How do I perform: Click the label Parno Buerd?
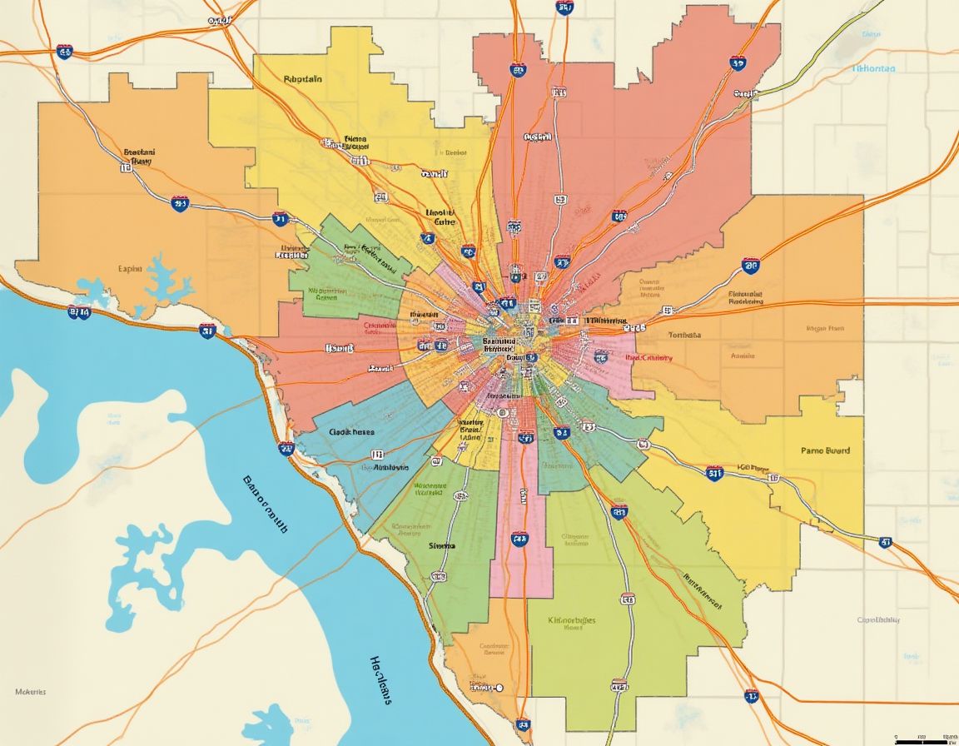tap(826, 450)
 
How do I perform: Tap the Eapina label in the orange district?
tap(131, 268)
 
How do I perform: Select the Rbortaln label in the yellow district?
tap(303, 79)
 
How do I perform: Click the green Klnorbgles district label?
tap(573, 620)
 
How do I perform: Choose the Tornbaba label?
tap(684, 335)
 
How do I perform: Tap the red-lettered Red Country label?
tap(648, 357)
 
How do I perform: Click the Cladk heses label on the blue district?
tap(351, 432)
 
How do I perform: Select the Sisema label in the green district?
tap(442, 545)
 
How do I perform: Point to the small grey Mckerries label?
tap(31, 691)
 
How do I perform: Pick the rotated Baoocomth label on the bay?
tap(265, 504)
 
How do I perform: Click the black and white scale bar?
tap(922, 739)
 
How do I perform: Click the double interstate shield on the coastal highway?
tap(79, 312)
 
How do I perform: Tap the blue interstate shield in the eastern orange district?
tap(750, 266)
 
